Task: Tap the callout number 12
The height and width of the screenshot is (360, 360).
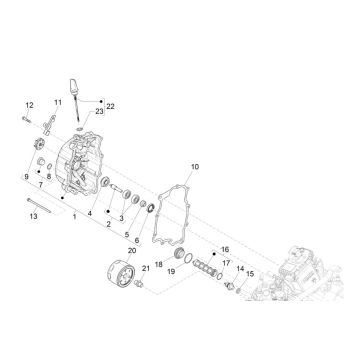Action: pyautogui.click(x=29, y=105)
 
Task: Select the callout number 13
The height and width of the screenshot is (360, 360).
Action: pyautogui.click(x=34, y=215)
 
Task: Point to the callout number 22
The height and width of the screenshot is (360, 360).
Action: pyautogui.click(x=111, y=105)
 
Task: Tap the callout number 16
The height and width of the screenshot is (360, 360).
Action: pyautogui.click(x=224, y=248)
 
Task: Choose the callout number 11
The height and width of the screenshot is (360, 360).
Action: pyautogui.click(x=59, y=102)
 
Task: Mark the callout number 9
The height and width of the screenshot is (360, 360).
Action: pyautogui.click(x=27, y=176)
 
